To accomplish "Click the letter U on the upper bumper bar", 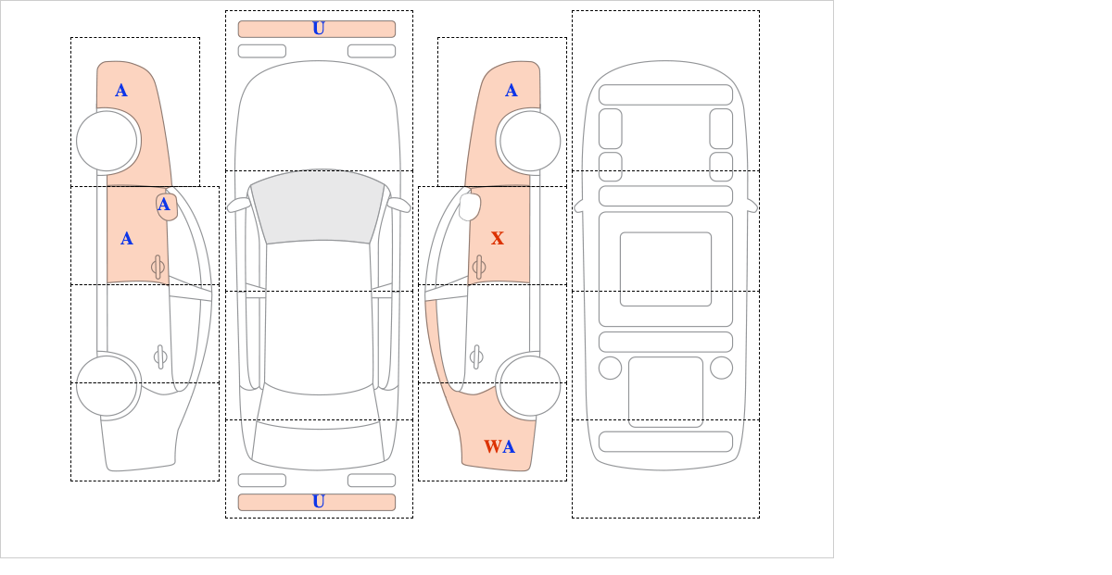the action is pos(319,29).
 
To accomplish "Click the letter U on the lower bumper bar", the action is pos(319,502).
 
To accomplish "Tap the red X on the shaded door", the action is pos(498,238).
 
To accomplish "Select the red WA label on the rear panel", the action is pos(499,446).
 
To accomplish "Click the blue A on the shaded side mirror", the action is pos(164,205).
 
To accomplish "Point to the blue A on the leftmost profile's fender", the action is pos(121,91).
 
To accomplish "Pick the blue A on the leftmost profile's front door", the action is pos(127,239).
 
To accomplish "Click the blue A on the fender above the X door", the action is pos(512,91).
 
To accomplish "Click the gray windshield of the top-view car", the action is pos(318,206).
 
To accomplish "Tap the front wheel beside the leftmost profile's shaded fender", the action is pos(107,141).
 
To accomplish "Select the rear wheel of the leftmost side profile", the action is pos(107,385).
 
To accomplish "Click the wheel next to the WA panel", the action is pos(530,385).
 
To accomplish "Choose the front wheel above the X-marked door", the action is pos(530,141).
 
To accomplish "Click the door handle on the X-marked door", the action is pos(479,268).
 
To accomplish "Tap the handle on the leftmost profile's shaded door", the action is pos(158,268).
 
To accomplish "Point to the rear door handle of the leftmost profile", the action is pos(160,356).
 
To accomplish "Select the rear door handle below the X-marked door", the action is pos(476,356).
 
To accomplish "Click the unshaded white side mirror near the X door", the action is pos(470,206).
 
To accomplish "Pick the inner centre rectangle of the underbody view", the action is pos(665,269).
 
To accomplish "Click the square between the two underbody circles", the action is pos(665,392).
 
